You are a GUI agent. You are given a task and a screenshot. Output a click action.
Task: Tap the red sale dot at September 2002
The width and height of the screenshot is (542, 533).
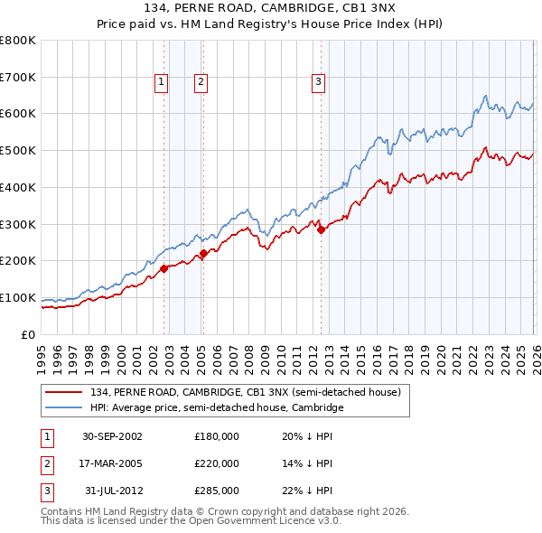click(164, 268)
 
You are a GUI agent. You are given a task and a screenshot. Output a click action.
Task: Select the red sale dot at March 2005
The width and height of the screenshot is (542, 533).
click(203, 253)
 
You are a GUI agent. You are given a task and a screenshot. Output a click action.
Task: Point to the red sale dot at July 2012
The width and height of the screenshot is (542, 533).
click(322, 229)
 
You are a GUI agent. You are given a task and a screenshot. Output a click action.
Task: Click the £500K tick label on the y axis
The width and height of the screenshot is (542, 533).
click(18, 151)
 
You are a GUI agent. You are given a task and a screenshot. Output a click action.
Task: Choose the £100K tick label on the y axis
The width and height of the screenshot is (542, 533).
click(18, 298)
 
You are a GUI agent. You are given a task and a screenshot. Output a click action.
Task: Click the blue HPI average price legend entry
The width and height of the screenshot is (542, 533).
click(217, 407)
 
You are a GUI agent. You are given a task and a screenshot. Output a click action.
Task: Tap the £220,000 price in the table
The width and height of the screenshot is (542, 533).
click(216, 463)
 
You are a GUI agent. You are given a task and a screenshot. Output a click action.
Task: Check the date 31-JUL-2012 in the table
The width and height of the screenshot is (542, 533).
click(113, 491)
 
